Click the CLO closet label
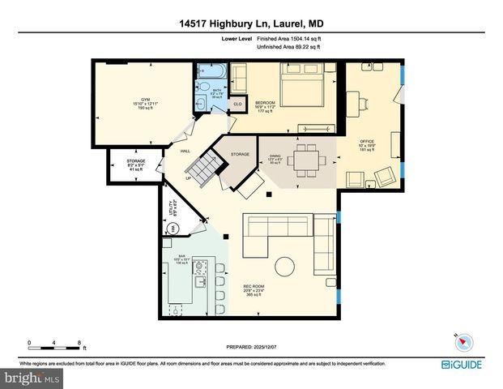[x=237, y=105]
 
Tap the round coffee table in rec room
[x=285, y=266]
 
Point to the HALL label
[x=185, y=152]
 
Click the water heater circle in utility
[x=172, y=229]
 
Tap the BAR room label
[x=182, y=256]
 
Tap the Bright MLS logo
[x=32, y=378]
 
